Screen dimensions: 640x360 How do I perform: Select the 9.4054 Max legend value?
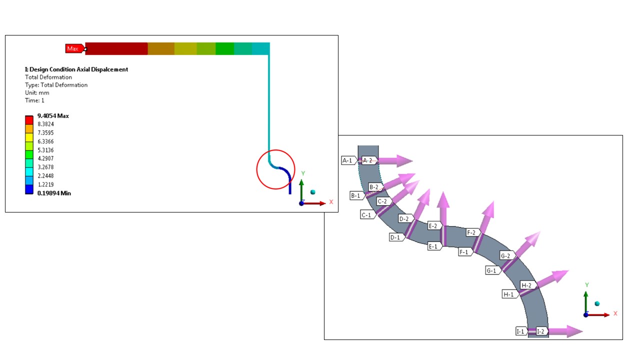pos(53,116)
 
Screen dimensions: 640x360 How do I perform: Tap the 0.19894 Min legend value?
pos(54,193)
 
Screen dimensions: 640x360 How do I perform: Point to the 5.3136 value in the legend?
pos(45,150)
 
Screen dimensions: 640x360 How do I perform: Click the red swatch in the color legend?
pos(29,120)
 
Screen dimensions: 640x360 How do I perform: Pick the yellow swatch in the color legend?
pos(29,137)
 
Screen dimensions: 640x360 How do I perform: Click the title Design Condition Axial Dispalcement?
pos(76,69)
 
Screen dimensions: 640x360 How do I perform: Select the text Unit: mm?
pos(37,93)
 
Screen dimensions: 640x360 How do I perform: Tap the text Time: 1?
pos(34,100)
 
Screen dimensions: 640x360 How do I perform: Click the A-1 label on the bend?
pos(349,160)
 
